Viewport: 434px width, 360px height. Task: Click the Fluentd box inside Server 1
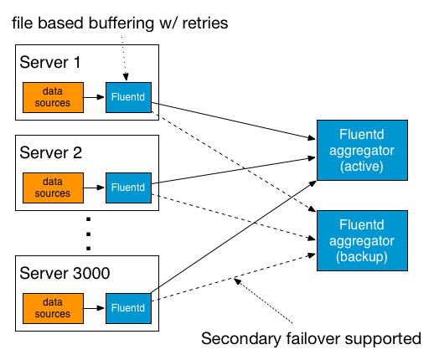pyautogui.click(x=127, y=98)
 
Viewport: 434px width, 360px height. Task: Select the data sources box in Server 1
pyautogui.click(x=53, y=98)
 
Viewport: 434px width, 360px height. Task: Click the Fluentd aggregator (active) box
pyautogui.click(x=361, y=150)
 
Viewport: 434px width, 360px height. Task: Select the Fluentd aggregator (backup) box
pyautogui.click(x=361, y=239)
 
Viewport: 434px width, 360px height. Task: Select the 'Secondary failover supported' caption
pyautogui.click(x=311, y=339)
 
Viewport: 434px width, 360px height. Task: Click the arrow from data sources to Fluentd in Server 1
pyautogui.click(x=94, y=98)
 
